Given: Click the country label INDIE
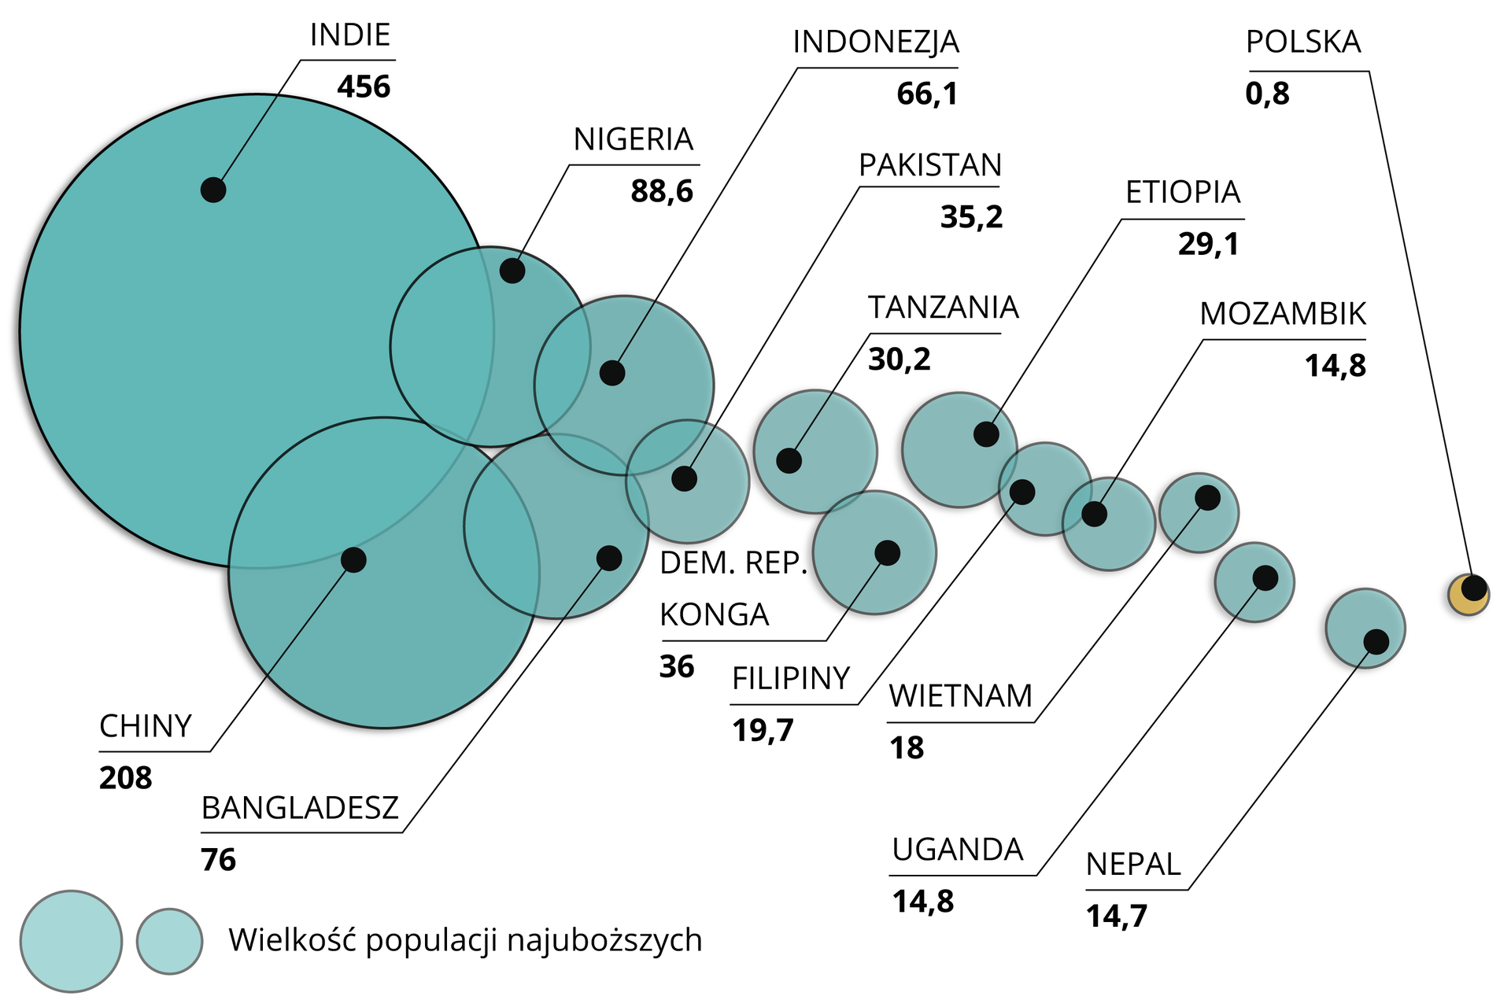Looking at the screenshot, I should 350,35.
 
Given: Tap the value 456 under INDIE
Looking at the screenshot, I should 364,87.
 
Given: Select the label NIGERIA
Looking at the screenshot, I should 634,140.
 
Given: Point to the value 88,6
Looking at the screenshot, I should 662,191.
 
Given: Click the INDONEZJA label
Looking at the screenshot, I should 876,42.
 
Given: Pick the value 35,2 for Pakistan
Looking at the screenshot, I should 972,217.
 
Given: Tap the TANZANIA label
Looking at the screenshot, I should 944,308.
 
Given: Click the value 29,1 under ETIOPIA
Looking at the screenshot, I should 1209,244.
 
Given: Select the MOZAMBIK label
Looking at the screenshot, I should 1283,314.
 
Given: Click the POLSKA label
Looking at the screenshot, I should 1303,42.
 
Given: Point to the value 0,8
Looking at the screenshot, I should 1267,94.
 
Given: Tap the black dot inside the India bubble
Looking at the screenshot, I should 213,190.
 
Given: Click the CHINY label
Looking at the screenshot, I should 146,726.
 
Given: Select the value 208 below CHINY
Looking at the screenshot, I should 126,778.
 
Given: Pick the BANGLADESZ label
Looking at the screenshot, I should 300,808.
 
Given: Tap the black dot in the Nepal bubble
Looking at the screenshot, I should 1376,641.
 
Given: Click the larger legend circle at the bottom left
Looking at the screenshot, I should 71,941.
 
